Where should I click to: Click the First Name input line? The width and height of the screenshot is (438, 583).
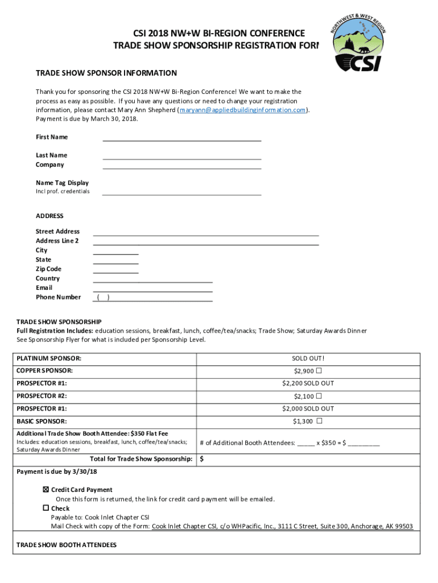coord(181,138)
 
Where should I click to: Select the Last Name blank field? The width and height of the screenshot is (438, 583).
coord(181,157)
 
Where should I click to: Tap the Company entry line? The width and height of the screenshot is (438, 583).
coord(181,166)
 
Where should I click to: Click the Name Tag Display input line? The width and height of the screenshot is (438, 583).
coord(181,193)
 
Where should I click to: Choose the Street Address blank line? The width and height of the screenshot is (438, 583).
coord(205,233)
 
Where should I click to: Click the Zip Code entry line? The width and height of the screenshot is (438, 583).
coord(115,270)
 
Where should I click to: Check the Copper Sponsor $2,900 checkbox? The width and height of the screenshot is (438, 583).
coord(319,371)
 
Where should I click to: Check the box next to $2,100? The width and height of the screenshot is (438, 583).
coord(319,396)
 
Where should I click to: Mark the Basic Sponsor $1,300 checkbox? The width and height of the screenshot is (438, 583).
coord(319,421)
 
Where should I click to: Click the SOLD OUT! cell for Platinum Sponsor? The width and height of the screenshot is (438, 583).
coord(308,359)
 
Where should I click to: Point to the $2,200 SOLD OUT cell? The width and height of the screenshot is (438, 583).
coord(308,384)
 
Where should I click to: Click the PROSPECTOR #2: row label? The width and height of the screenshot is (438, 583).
coord(42,396)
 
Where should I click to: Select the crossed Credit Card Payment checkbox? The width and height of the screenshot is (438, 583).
coord(46,490)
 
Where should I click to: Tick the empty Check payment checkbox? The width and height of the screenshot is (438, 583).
coord(46,508)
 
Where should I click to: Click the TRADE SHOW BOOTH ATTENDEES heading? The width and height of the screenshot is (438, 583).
coord(66,545)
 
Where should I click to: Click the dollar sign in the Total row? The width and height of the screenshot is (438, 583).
coord(201,459)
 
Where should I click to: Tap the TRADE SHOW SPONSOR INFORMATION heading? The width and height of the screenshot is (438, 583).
coord(106,73)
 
